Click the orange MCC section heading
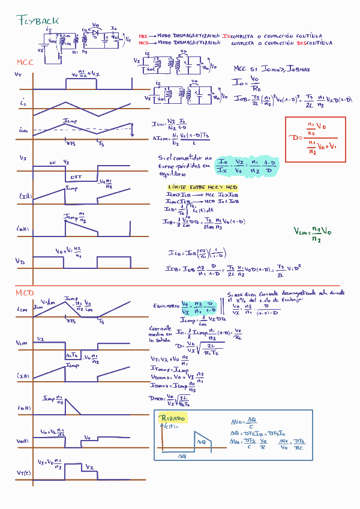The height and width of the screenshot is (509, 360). pyautogui.click(x=26, y=62)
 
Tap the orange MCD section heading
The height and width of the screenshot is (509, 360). pyautogui.click(x=25, y=292)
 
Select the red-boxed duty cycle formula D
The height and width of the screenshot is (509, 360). pyautogui.click(x=316, y=138)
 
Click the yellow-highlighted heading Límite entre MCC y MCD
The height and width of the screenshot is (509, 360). pyautogui.click(x=195, y=188)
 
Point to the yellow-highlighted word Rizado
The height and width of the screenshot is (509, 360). pyautogui.click(x=172, y=418)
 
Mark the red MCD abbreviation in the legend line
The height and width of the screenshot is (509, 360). pyautogui.click(x=143, y=43)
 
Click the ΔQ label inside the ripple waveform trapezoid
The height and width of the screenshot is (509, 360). pyautogui.click(x=202, y=441)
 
